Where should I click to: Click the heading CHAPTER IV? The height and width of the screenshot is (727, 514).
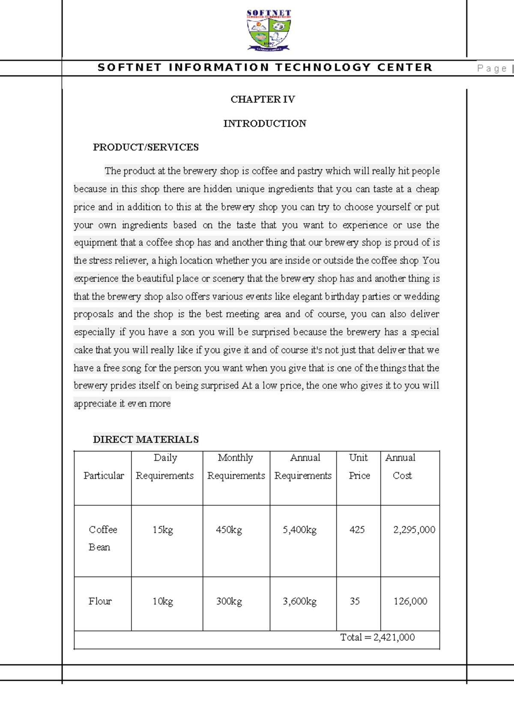coord(263,99)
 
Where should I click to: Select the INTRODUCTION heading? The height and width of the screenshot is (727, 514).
coord(264,123)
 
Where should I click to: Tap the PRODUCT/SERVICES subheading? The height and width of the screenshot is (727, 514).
coord(146,147)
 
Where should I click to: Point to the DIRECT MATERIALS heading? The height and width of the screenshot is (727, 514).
coord(146,439)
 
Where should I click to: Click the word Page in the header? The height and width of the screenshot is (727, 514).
coord(492,68)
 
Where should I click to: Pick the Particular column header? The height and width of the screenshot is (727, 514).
coord(103,476)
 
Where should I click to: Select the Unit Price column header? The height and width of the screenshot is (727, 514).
coord(359,466)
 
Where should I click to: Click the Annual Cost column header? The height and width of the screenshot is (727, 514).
coord(401,466)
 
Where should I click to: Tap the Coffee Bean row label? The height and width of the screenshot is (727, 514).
coord(102,538)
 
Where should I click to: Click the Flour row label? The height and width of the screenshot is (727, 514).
coord(100,601)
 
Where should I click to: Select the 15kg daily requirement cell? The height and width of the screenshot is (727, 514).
coord(163,530)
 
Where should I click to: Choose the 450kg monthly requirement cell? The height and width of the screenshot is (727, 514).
coord(229,530)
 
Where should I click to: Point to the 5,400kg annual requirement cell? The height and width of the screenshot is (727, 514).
coord(299,530)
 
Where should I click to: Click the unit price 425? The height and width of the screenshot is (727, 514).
coord(357,530)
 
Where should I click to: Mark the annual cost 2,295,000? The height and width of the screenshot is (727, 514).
coord(414,530)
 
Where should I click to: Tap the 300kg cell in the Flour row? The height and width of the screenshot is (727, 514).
coord(229,601)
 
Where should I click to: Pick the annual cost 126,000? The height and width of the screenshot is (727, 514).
coord(410,601)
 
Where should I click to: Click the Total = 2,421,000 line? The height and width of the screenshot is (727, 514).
coord(377,637)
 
